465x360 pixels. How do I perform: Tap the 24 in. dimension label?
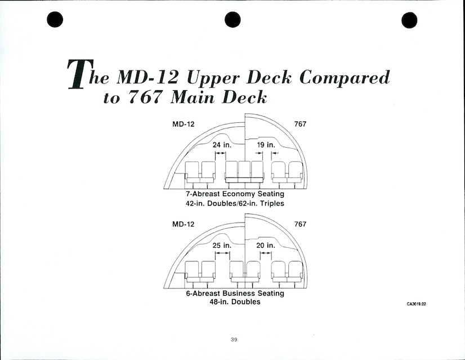click(223, 145)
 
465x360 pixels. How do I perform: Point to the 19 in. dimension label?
click(266, 145)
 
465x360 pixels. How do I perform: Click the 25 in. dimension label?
click(223, 245)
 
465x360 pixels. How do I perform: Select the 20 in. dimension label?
click(266, 245)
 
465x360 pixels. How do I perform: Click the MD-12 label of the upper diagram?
click(183, 124)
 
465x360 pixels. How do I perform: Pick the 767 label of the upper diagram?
click(300, 124)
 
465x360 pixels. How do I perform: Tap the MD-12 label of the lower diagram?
click(183, 224)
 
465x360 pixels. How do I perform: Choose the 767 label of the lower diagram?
click(300, 224)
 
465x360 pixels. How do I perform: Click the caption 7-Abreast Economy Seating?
click(235, 194)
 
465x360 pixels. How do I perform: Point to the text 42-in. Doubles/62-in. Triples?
click(235, 203)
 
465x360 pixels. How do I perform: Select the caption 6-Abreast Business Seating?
click(235, 294)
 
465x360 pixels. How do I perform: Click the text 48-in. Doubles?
click(235, 302)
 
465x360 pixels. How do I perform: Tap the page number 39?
click(234, 339)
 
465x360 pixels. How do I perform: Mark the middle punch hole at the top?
click(232, 20)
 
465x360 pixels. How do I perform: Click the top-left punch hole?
click(55, 20)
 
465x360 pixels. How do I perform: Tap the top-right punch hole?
click(409, 20)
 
